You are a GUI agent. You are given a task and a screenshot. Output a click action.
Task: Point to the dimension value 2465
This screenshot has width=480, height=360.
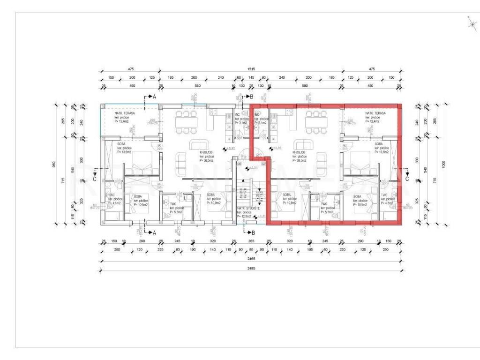coord(250,259)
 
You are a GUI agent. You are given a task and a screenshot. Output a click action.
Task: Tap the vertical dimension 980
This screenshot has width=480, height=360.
coord(54,164)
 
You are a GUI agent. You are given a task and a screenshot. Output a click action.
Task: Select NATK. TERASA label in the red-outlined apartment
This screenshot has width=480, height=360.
coord(376,113)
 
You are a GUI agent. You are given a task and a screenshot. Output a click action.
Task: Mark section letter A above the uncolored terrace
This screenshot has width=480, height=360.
coord(153,97)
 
